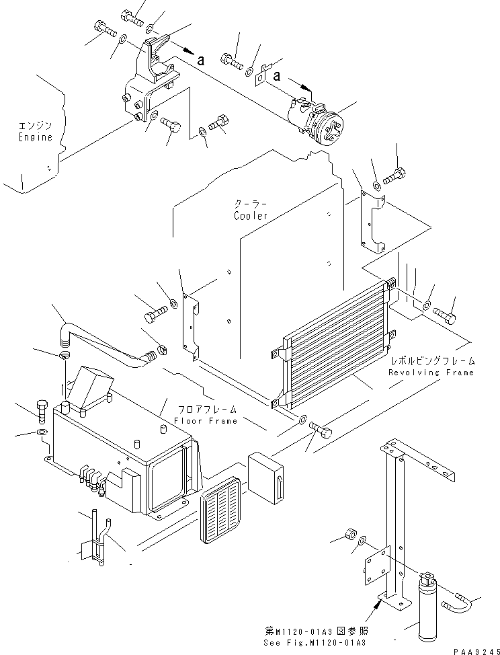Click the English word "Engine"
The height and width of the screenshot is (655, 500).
point(36,137)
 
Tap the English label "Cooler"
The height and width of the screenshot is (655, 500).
point(251,216)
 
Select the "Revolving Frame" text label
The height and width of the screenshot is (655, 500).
point(431,373)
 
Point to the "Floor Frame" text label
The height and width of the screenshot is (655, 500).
point(206,421)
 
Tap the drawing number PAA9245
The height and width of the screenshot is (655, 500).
point(476,652)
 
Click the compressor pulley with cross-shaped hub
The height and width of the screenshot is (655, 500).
point(332,130)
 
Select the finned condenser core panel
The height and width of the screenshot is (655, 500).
point(335,344)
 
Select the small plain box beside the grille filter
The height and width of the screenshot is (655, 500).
point(265,478)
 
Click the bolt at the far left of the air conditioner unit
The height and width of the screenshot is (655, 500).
point(42,412)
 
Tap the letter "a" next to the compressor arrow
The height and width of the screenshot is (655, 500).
point(277,76)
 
